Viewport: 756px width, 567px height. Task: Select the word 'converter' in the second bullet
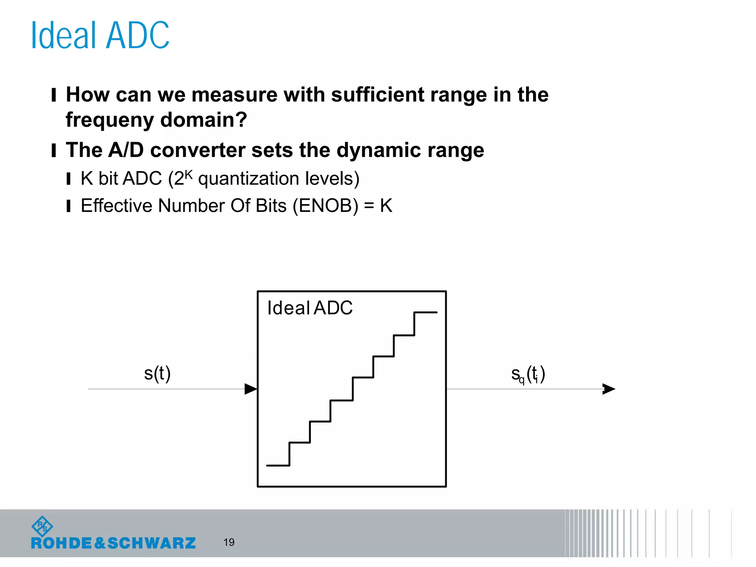point(198,150)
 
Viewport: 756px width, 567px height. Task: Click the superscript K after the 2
point(188,174)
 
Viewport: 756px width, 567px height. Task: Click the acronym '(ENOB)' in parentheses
point(325,206)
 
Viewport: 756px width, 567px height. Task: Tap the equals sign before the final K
point(369,206)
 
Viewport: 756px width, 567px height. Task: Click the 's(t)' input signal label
point(157,374)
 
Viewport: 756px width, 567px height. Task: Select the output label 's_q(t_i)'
point(528,374)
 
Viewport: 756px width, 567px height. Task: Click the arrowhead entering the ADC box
point(251,389)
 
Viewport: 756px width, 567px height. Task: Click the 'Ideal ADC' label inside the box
point(310,308)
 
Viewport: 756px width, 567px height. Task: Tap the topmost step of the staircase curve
point(426,313)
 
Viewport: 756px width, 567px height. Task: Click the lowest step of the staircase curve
point(278,465)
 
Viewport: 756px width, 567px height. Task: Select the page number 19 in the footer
point(229,542)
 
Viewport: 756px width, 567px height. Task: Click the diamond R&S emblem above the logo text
point(42,526)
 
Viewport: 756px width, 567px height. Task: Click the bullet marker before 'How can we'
point(54,95)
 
